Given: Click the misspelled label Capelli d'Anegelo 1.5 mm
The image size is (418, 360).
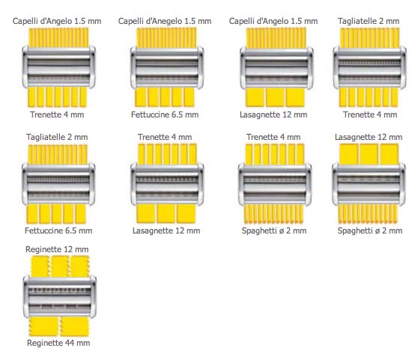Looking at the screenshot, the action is point(165,21).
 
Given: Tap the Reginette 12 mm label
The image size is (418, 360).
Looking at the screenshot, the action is point(57,249).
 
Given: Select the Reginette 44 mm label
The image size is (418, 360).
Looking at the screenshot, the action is point(58,343).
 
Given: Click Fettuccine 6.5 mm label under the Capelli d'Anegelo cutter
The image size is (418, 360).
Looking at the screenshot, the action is point(165,115).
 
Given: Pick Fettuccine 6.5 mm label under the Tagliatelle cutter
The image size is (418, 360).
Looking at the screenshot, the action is point(58,231).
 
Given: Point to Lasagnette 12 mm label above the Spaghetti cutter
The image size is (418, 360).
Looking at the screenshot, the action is point(369,137).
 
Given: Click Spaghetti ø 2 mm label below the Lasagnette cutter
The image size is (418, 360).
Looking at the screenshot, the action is point(370,231).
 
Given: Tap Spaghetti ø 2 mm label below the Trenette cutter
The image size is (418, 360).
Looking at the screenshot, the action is point(274,231).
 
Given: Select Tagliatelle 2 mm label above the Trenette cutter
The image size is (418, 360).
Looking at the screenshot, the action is point(369,21).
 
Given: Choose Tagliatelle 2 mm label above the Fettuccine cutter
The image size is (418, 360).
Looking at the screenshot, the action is point(57,137).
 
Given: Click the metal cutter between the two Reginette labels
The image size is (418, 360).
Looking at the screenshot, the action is point(60,297).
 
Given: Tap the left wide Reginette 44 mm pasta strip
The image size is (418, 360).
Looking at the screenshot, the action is point(43,326).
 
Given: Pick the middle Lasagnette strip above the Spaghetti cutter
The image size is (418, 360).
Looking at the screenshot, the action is point(369,154).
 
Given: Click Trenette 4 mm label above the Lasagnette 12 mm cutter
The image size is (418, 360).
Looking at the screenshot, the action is point(165,137).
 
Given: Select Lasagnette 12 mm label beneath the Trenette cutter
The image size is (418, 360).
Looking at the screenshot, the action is point(166,231).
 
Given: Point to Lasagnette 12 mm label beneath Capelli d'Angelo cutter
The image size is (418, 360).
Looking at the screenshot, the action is point(273,115).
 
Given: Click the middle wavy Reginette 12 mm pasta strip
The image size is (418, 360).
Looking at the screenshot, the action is point(60,266).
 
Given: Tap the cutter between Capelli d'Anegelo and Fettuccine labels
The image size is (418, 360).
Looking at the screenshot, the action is point(167,67).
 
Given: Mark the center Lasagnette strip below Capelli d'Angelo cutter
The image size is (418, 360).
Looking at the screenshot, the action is point(276,97).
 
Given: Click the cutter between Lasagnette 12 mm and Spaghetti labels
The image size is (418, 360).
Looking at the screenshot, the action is point(369,184).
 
